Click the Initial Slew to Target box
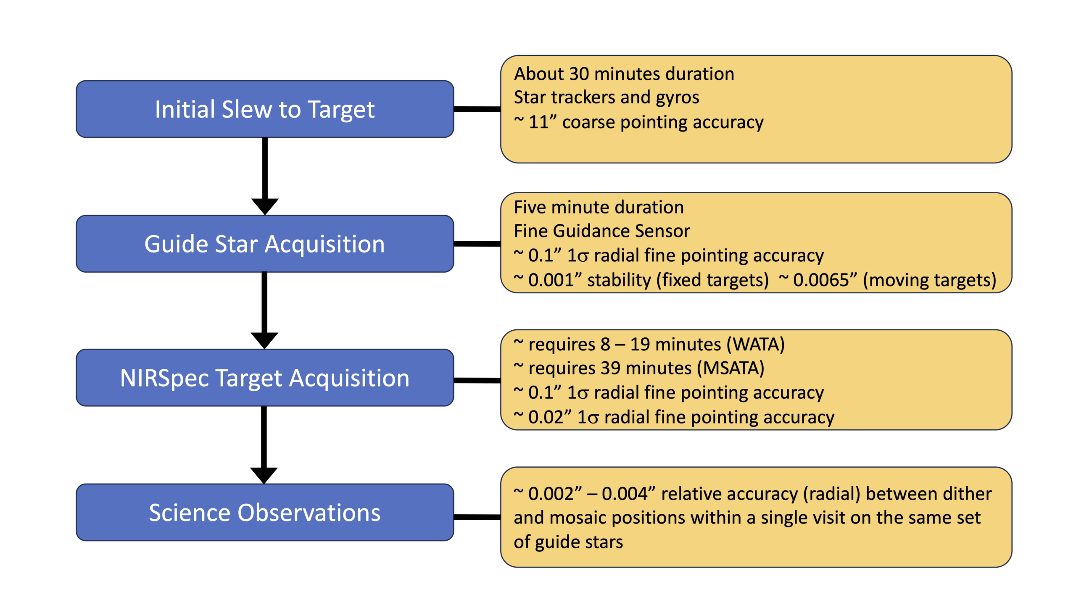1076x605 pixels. tap(265, 109)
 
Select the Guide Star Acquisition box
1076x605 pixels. tap(265, 244)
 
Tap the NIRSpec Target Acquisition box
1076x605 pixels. tap(265, 378)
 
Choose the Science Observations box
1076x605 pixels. tap(265, 512)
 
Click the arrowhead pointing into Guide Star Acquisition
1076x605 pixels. tap(265, 206)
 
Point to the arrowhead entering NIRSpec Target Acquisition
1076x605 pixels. tap(264, 340)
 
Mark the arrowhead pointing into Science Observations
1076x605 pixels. tap(264, 475)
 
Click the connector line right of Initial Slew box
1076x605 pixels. tap(477, 109)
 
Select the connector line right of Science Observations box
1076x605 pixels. tap(477, 517)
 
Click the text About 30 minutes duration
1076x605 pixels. tap(624, 74)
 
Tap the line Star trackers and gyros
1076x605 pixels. tap(607, 97)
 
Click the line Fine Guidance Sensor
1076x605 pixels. tap(602, 231)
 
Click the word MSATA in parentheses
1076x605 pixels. tap(731, 368)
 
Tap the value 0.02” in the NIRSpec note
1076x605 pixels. tap(550, 417)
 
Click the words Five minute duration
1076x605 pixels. tap(599, 208)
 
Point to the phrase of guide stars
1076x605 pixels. tap(568, 542)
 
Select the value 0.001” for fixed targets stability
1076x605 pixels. tap(554, 280)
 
